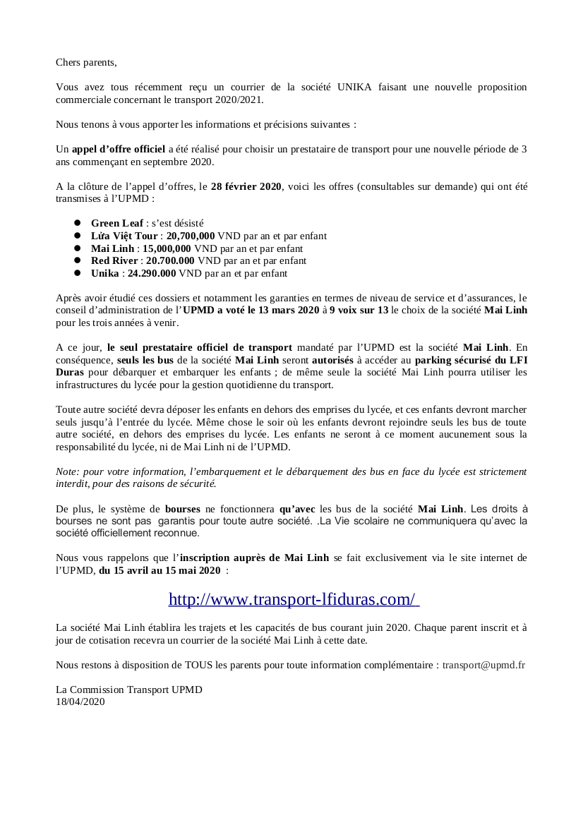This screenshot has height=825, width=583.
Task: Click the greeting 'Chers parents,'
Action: click(x=86, y=62)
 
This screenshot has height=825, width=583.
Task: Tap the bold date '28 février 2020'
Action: click(x=246, y=187)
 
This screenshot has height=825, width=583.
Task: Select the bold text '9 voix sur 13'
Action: click(x=359, y=310)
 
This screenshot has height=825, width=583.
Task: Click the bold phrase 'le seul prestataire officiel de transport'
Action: click(x=200, y=347)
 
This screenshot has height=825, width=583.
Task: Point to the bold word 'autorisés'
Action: click(x=333, y=360)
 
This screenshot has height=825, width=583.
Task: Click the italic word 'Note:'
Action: click(x=68, y=471)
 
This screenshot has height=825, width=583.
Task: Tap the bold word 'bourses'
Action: click(x=183, y=508)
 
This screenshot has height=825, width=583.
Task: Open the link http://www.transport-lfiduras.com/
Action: click(x=294, y=599)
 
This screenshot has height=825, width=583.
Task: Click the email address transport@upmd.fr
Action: click(x=483, y=665)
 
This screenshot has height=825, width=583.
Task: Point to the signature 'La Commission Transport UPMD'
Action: click(x=129, y=689)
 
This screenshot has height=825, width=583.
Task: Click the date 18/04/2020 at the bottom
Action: click(x=80, y=701)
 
